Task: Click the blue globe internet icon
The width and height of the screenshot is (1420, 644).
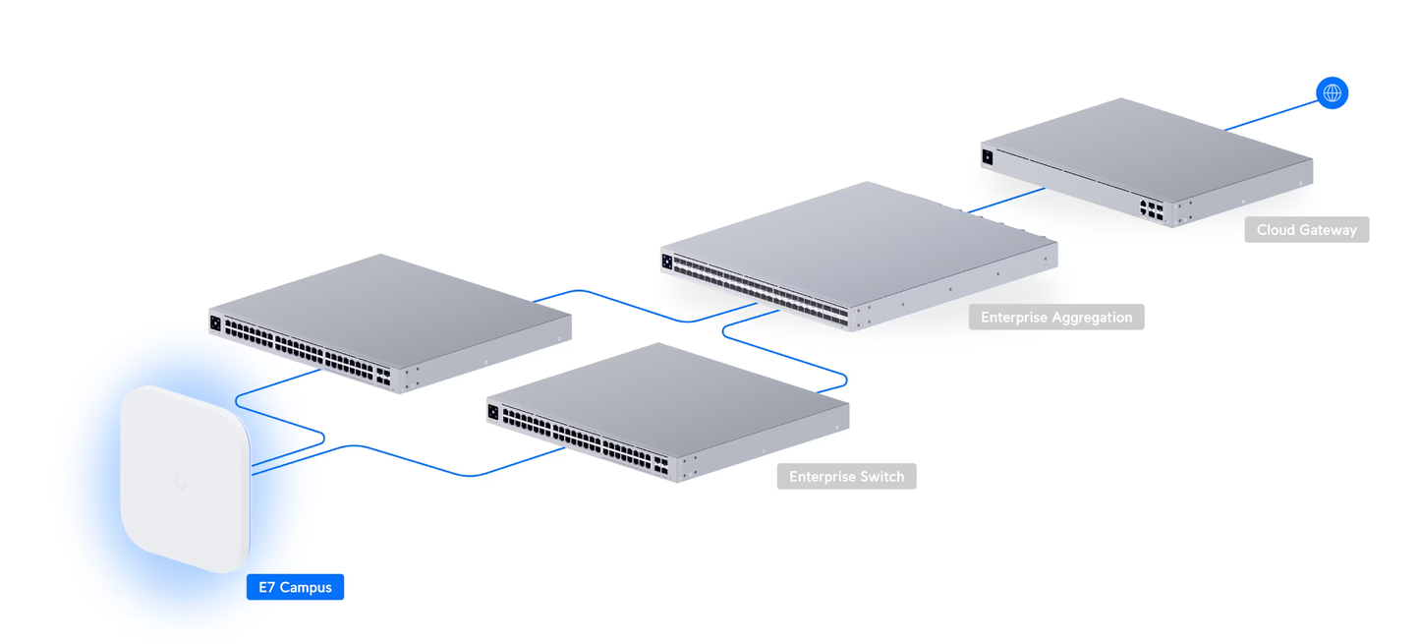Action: coord(1332,93)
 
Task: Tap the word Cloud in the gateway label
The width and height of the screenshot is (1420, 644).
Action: coord(1277,230)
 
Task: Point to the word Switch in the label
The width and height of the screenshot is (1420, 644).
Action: coord(881,477)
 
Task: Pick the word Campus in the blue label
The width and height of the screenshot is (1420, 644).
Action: coord(306,588)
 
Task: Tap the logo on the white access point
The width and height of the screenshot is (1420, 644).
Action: coord(180,481)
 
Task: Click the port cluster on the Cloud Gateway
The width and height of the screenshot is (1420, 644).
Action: coord(1151,209)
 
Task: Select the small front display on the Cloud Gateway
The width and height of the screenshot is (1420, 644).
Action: coord(988,157)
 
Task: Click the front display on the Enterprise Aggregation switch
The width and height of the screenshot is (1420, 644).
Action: coord(667,262)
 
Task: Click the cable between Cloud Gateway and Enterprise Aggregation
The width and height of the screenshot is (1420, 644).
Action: coord(1004,200)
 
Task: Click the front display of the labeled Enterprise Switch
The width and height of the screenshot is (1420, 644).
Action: coord(493,412)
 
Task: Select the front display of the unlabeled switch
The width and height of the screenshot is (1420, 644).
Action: coord(215,322)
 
